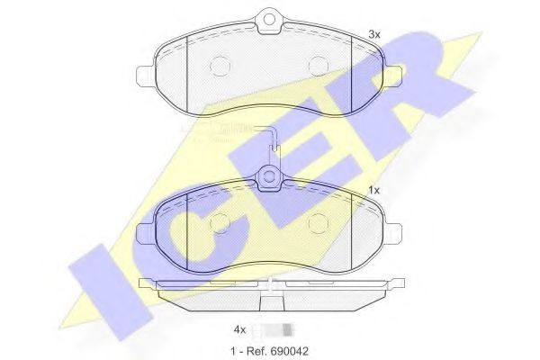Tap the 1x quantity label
[x=375, y=190]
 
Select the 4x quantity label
[x=239, y=329]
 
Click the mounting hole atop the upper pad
[x=267, y=19]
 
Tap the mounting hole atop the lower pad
[x=268, y=177]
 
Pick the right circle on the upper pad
[x=317, y=65]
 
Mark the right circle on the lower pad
[x=318, y=222]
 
